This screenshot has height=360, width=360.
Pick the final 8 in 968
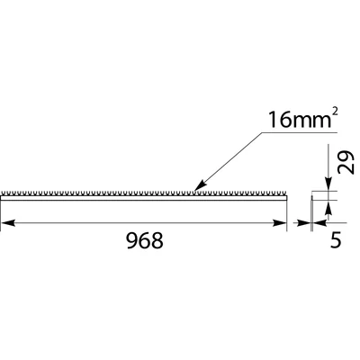157,242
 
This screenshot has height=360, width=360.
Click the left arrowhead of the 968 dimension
6,221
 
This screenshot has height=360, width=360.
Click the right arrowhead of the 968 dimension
280,221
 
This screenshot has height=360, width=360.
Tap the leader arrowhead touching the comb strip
200,187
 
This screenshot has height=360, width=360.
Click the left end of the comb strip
3,193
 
